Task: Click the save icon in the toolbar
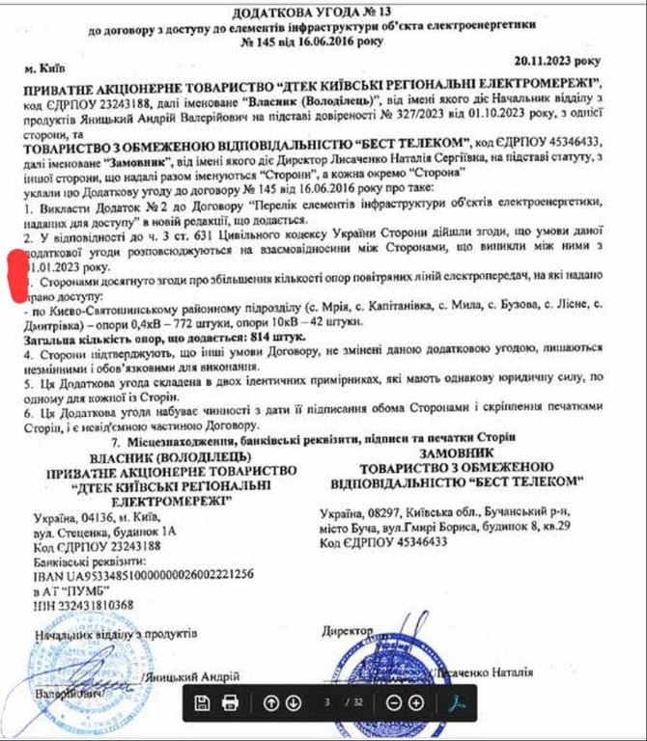coord(203,701)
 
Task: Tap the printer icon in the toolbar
coord(231,701)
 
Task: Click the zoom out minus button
coord(393,701)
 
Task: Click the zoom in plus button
coord(416,701)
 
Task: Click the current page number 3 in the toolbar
coord(326,701)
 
